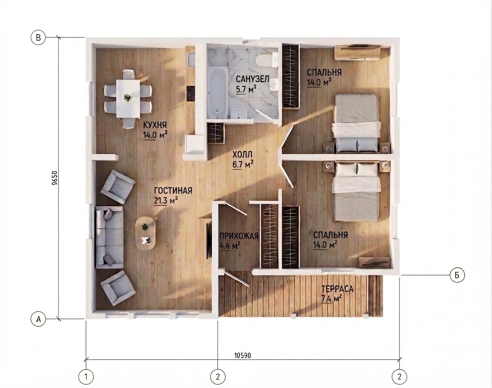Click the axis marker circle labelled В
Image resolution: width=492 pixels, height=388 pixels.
tap(38, 38)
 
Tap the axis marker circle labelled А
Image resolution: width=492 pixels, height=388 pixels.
tap(38, 319)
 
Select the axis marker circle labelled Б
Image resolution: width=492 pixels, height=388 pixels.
tap(457, 275)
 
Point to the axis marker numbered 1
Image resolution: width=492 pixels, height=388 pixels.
tap(86, 377)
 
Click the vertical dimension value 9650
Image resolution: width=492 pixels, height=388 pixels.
tap(54, 178)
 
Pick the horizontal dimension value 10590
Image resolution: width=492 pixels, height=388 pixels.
tap(243, 355)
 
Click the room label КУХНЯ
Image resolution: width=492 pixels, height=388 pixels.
tap(155, 125)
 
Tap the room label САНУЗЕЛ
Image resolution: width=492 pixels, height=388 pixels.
tap(253, 79)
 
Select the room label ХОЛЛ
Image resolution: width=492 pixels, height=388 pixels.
tap(242, 154)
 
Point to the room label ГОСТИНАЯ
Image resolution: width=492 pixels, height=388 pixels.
tap(173, 191)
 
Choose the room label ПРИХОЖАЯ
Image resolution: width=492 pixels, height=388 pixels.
tap(239, 236)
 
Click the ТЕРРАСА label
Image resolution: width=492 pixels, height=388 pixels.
tap(337, 288)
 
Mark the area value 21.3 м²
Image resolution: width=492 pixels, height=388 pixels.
tap(166, 200)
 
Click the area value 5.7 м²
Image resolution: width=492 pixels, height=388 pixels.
tap(246, 89)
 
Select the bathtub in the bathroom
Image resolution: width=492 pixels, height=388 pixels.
tap(217, 93)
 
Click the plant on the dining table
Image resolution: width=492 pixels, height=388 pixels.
tap(128, 98)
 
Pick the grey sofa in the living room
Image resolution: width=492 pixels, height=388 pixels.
tap(110, 237)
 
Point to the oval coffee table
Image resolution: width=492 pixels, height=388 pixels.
tap(145, 233)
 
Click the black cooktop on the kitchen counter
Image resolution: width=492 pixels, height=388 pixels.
tap(190, 94)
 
